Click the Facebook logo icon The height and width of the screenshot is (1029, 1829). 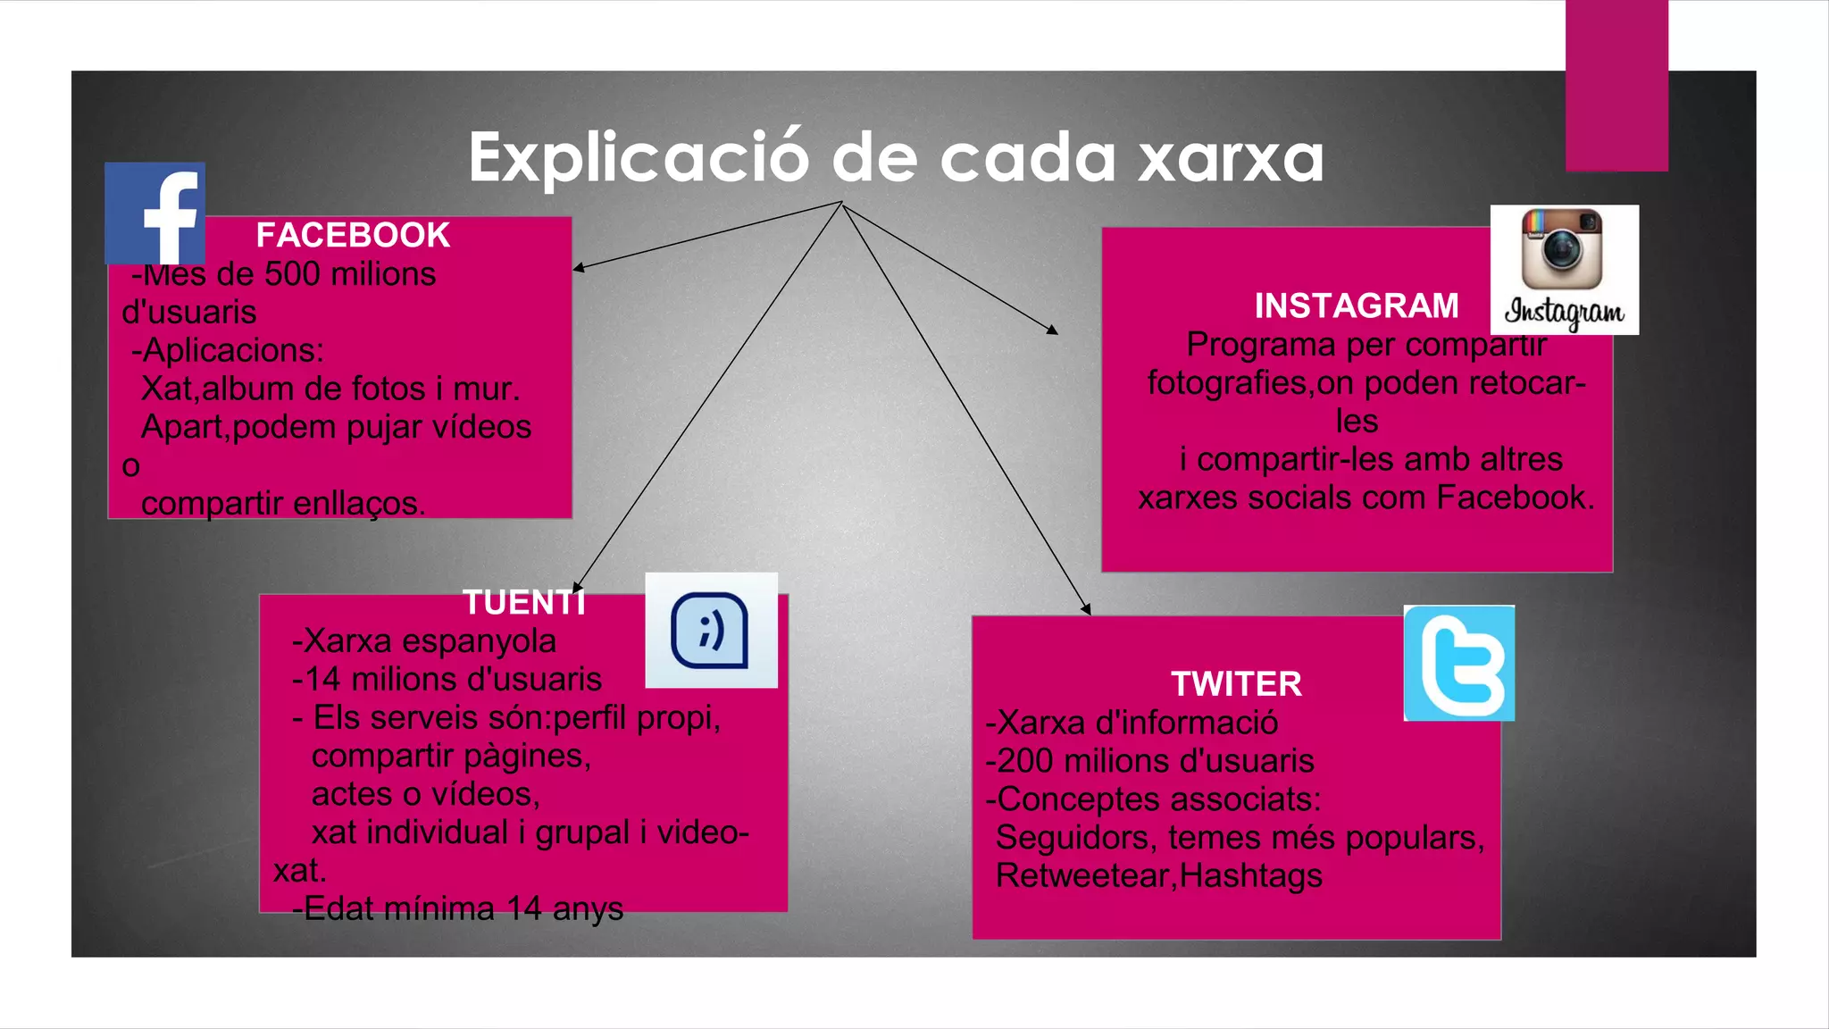[x=155, y=213]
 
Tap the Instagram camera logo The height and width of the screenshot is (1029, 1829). [x=1564, y=269]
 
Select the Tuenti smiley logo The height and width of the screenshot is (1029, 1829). [x=711, y=630]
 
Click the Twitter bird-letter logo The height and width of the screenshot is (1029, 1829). [x=1458, y=663]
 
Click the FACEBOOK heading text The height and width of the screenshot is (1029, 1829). [x=353, y=236]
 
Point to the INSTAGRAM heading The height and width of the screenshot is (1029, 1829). [x=1356, y=305]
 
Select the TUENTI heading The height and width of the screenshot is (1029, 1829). [x=524, y=603]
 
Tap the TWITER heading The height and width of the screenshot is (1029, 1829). [x=1236, y=684]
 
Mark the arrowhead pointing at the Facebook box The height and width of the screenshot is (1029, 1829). [x=578, y=267]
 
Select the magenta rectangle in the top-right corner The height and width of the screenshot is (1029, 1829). [x=1616, y=85]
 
